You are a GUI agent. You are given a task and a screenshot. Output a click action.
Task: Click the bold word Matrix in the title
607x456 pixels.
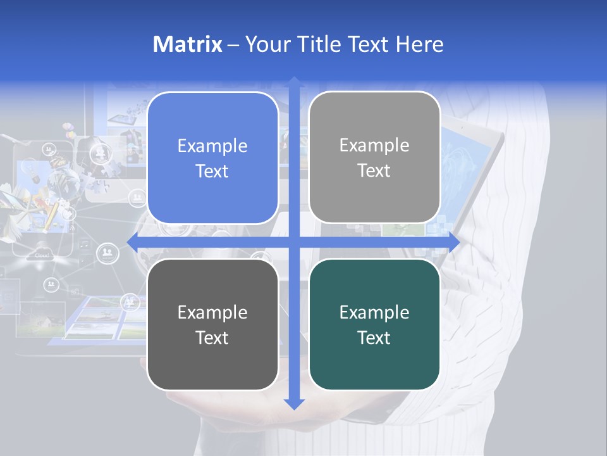[x=188, y=44]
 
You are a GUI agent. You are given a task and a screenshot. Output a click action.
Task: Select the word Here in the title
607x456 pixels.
[x=419, y=44]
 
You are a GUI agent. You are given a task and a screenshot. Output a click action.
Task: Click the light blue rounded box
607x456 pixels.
[x=212, y=158]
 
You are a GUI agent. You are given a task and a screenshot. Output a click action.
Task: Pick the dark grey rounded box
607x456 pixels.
[x=212, y=324]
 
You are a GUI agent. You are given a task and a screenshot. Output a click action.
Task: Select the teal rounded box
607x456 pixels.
[x=374, y=324]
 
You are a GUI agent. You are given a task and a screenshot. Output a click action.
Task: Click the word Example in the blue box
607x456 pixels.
[x=212, y=146]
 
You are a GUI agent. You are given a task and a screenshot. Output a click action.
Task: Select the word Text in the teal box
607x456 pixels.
[x=374, y=338]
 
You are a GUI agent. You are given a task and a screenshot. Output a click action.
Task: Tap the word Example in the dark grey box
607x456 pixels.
[x=212, y=312]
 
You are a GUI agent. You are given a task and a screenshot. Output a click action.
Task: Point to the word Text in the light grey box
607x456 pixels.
[x=374, y=170]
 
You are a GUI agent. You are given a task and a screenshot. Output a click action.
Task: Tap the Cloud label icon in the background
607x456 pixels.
[x=42, y=255]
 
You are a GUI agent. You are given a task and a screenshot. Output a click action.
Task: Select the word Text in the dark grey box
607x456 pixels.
[x=212, y=338]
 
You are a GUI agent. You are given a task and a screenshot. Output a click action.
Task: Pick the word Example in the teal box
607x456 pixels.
[x=374, y=312]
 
